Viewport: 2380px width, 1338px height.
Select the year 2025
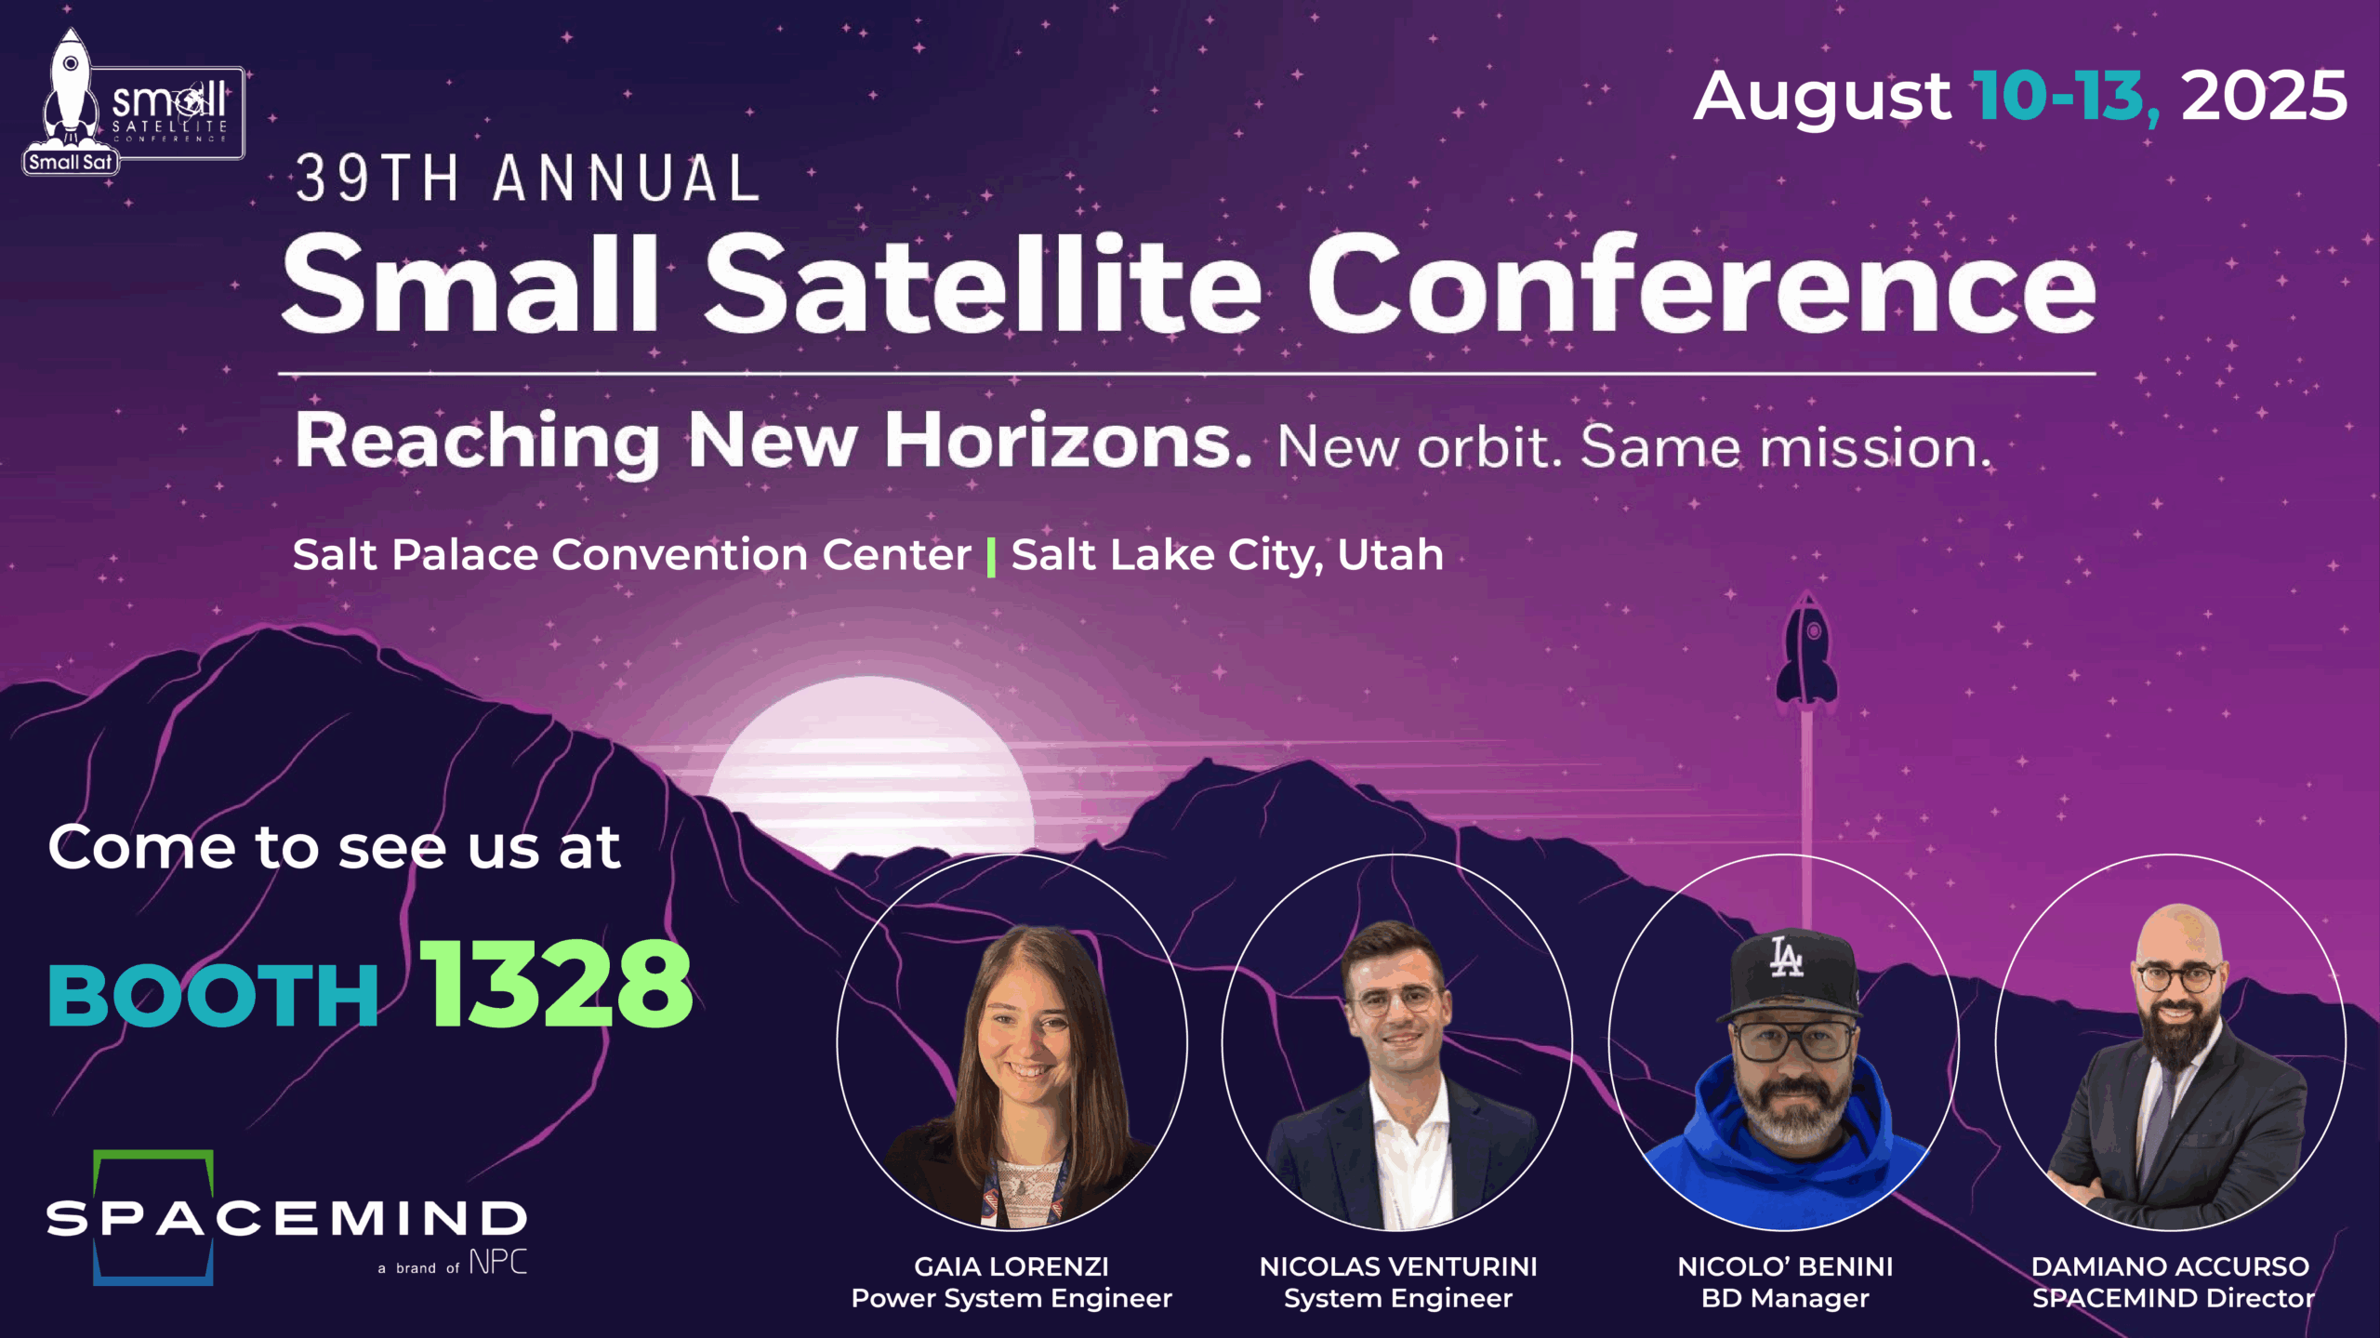coord(2264,96)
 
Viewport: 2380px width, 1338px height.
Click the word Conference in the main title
coord(1701,283)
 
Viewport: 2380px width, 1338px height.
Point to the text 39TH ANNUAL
coord(528,179)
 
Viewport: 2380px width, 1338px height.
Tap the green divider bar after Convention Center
coord(991,557)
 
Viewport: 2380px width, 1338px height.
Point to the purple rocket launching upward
coord(1806,651)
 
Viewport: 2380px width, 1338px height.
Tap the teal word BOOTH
coord(213,996)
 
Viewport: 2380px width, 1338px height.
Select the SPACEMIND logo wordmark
coord(286,1218)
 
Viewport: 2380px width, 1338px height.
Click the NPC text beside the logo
coord(497,1262)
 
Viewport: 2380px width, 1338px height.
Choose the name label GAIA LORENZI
coord(1011,1266)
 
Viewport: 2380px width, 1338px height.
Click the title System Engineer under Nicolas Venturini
coord(1398,1298)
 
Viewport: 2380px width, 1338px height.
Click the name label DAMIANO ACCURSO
coord(2171,1266)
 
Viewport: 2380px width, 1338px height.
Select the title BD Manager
coord(1785,1298)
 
